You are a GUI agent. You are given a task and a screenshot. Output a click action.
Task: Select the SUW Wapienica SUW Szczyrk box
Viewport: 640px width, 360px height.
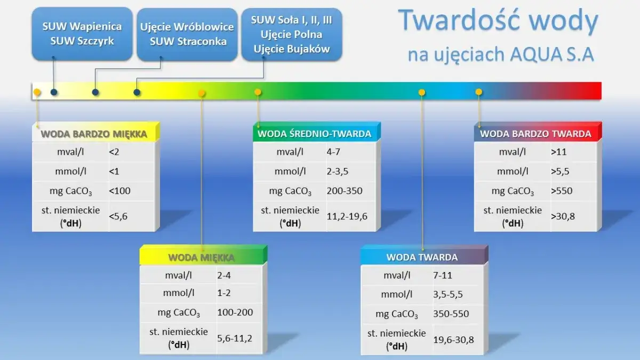[82, 34]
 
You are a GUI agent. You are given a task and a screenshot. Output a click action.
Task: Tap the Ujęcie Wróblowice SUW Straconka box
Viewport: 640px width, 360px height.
[187, 34]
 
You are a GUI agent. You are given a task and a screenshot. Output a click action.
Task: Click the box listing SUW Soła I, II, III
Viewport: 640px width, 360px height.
[292, 34]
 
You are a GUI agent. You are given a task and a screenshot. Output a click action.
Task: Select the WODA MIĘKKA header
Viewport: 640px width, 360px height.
[201, 258]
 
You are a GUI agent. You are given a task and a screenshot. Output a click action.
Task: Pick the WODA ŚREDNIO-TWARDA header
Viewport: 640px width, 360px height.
[314, 134]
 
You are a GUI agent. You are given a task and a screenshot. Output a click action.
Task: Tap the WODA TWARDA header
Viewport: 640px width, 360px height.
[422, 257]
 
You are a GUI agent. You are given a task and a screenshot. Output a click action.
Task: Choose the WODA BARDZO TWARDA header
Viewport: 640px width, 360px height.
[535, 134]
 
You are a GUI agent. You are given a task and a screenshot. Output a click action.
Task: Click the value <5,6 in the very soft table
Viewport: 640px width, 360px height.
[118, 217]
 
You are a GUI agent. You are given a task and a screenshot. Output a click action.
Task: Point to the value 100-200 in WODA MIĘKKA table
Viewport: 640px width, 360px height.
[235, 313]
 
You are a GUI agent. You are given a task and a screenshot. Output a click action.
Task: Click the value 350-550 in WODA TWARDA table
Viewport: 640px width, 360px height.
[451, 314]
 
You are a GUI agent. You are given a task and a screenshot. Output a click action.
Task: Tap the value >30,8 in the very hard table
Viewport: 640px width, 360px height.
[563, 217]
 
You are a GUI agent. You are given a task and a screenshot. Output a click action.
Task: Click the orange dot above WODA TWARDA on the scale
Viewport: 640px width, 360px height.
[422, 92]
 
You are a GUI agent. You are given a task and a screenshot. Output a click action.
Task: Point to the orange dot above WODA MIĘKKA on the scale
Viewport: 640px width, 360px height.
[202, 93]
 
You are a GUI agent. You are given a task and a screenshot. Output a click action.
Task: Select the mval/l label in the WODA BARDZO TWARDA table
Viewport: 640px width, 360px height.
[512, 152]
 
